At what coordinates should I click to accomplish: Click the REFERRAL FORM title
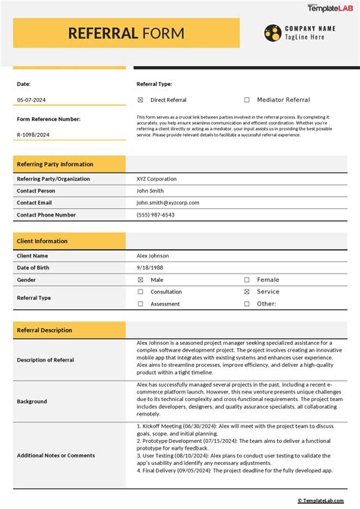125,33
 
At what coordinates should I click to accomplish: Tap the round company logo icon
273,32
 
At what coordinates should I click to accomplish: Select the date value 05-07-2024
31,100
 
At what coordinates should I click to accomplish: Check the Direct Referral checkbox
141,100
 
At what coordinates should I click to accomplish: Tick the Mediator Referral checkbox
247,100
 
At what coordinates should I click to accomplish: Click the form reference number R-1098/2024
34,134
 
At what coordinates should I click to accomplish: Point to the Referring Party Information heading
55,164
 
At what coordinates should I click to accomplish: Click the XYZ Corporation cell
156,179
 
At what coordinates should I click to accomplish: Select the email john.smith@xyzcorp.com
167,203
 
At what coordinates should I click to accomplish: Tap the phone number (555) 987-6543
156,215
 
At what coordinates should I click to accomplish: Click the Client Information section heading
43,241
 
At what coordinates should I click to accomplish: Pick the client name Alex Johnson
152,256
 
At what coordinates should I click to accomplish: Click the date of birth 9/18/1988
149,268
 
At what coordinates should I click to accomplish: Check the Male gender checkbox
141,280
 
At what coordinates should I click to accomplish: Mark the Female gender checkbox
247,280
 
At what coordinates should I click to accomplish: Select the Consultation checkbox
141,292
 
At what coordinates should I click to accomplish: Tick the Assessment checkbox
141,304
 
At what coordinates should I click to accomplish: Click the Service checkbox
247,292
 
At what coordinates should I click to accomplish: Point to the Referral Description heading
45,330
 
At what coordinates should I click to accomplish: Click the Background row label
33,401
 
